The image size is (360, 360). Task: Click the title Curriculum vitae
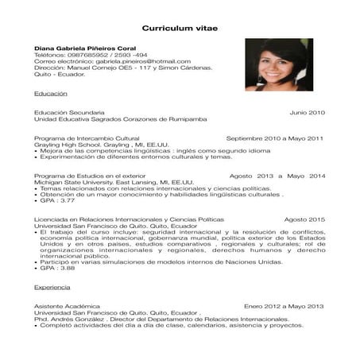click(x=179, y=28)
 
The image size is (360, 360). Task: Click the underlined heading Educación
click(x=50, y=93)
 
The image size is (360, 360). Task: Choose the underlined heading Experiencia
click(x=52, y=285)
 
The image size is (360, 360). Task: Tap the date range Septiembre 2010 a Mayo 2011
click(x=275, y=138)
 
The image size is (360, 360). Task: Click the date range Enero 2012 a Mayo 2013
click(x=285, y=306)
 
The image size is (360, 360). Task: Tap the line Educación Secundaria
click(x=69, y=113)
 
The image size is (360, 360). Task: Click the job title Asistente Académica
click(x=67, y=306)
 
